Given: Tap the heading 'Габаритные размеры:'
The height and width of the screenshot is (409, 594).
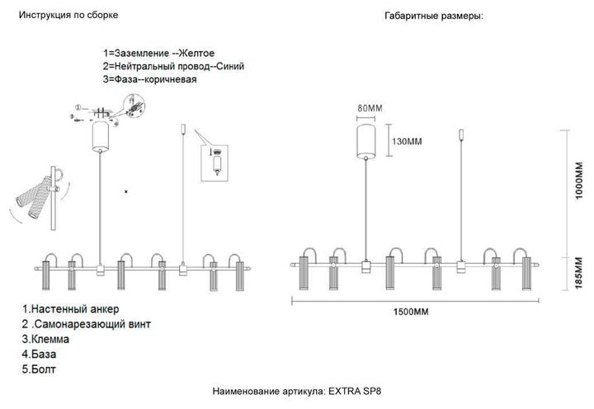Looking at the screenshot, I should click(x=433, y=16).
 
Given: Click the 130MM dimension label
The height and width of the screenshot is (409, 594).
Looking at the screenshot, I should click(x=405, y=141).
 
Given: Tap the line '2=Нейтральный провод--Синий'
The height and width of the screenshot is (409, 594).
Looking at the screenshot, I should click(x=173, y=65).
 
